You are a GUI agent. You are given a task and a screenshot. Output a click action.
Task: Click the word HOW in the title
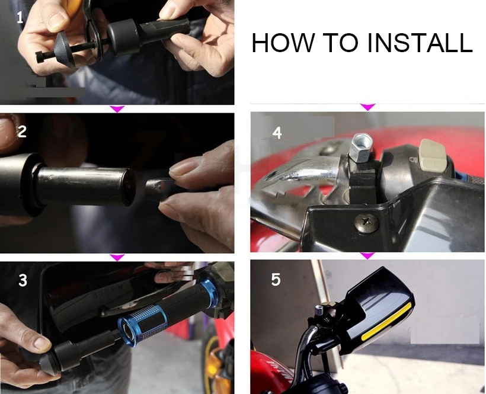click(x=283, y=43)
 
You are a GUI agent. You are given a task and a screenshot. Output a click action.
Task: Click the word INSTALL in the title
click(x=420, y=43)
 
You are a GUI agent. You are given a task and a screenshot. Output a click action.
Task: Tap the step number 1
click(x=20, y=18)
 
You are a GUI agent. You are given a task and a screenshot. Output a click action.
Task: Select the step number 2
click(x=22, y=132)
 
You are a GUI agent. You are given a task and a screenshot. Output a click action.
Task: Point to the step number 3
click(x=23, y=280)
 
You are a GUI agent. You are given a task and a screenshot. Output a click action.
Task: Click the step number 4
click(x=277, y=133)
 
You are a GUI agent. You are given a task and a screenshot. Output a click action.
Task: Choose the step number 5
click(x=276, y=280)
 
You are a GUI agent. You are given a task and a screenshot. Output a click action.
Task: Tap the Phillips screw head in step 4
click(x=367, y=223)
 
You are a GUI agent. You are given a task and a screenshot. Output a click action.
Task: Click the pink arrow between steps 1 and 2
click(x=117, y=109)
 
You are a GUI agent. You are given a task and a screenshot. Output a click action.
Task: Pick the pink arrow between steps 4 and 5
click(x=367, y=255)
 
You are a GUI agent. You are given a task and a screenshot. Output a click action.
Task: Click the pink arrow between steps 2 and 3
click(x=117, y=257)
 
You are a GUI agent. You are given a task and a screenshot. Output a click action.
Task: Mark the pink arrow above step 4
click(x=368, y=107)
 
